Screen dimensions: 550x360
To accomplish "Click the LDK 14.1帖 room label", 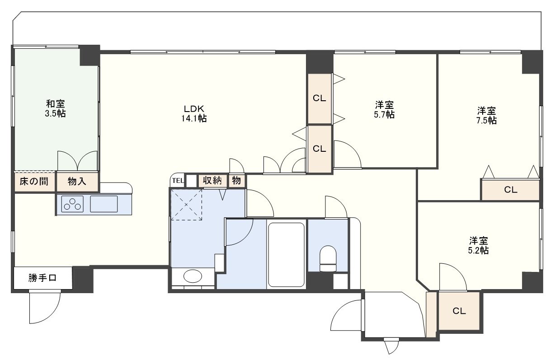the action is click(x=194, y=114).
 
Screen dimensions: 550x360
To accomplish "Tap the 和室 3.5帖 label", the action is click(x=55, y=108).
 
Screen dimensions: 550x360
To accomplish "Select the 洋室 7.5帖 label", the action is click(x=486, y=115).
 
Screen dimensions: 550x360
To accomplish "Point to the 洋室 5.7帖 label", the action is click(x=384, y=109).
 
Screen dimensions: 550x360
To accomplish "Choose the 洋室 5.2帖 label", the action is click(x=478, y=245).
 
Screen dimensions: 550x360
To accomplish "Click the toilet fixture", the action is click(x=328, y=258).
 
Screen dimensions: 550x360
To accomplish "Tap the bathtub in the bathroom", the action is click(x=286, y=254).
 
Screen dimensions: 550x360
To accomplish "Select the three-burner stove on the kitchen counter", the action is click(x=72, y=204).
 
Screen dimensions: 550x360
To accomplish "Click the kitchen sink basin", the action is click(x=103, y=204).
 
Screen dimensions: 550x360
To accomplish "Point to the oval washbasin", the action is click(x=193, y=276).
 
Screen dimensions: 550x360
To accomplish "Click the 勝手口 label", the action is click(x=42, y=278).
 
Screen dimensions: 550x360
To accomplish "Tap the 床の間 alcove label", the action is click(x=34, y=181).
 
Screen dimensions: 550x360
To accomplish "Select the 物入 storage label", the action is click(x=77, y=181).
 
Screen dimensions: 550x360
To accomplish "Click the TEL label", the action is click(x=178, y=181).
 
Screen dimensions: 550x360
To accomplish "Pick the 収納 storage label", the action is click(x=212, y=180).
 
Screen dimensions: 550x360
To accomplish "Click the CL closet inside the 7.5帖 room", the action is click(x=511, y=190).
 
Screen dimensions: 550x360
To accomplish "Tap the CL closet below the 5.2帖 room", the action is click(x=459, y=311).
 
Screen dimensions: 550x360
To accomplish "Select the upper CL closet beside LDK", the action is click(x=320, y=98).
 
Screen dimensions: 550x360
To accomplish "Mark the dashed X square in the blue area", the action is click(x=186, y=205).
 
